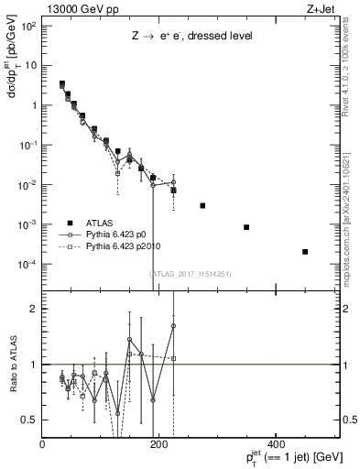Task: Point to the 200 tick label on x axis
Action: click(x=158, y=444)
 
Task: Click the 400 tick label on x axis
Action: click(x=274, y=444)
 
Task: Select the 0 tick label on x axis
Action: click(x=43, y=444)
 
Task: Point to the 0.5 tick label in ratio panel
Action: click(x=29, y=420)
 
